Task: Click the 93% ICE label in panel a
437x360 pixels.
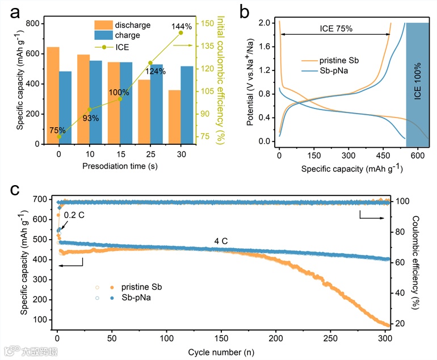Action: tap(91, 118)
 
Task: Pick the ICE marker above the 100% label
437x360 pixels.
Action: tap(120, 99)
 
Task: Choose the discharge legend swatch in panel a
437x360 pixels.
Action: tap(103, 25)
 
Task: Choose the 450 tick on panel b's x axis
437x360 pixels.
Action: tap(383, 154)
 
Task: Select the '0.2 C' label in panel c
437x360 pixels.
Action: tap(74, 216)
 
